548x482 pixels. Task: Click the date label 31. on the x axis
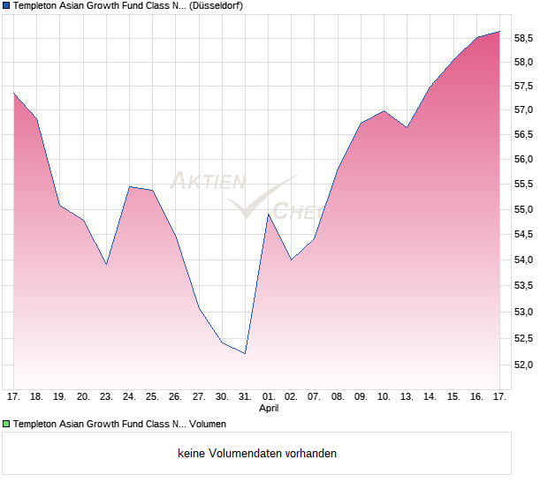coord(245,397)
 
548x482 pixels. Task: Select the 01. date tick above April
coord(269,397)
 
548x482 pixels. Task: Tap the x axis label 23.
coord(106,397)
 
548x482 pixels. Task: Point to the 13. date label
coord(407,397)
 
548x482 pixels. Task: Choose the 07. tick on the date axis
coord(314,397)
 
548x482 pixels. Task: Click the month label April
coord(269,409)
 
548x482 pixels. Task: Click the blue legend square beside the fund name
coord(6,6)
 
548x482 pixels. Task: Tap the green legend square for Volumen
coord(6,424)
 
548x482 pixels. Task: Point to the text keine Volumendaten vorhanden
coord(257,454)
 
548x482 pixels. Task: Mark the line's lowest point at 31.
coord(245,353)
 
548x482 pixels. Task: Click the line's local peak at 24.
coord(129,186)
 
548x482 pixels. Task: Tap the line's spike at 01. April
coord(269,215)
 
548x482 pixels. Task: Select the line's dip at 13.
coord(407,127)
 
